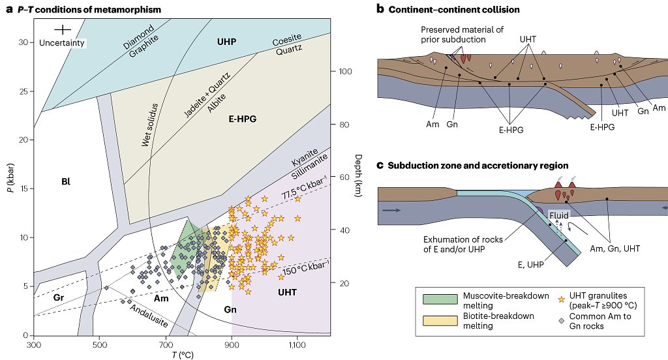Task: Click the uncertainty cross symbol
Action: [x=62, y=29]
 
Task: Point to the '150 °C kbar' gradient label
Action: [x=304, y=267]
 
